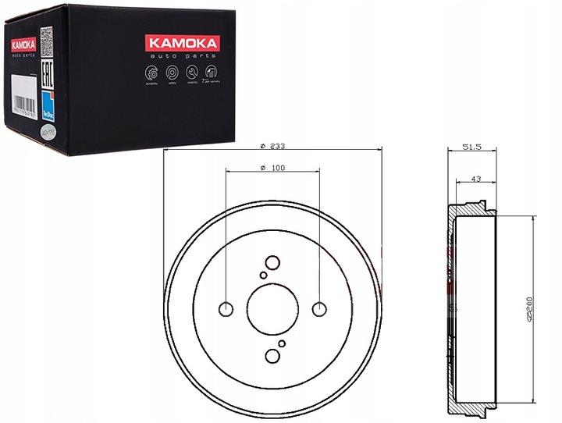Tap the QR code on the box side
(x=45, y=37)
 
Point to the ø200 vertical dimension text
(x=529, y=309)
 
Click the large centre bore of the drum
(x=272, y=309)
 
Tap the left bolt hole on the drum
(x=226, y=309)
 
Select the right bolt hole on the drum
(x=318, y=309)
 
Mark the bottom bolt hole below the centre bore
(x=272, y=356)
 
